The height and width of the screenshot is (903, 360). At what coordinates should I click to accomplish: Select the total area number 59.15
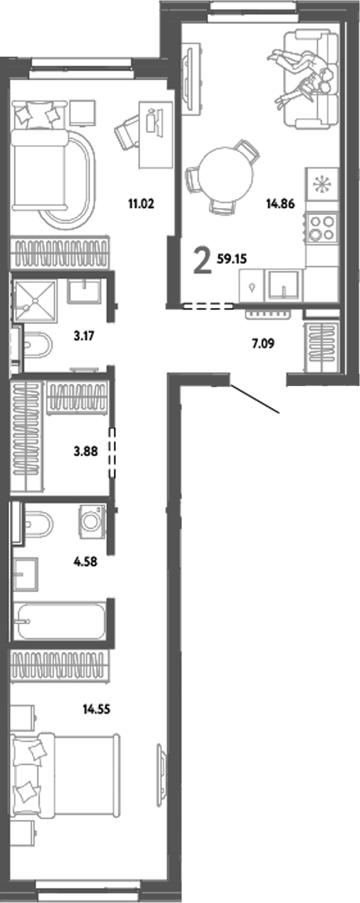pyautogui.click(x=231, y=257)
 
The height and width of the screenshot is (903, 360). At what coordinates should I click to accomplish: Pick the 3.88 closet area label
pyautogui.click(x=85, y=451)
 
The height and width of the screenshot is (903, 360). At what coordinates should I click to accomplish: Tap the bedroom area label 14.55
pyautogui.click(x=97, y=708)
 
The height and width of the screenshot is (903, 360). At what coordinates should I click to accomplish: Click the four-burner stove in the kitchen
pyautogui.click(x=321, y=228)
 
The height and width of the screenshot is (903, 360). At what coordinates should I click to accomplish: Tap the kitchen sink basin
pyautogui.click(x=283, y=284)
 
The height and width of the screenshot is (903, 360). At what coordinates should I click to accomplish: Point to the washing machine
pyautogui.click(x=92, y=521)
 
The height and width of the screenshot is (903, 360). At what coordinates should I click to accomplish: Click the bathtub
pyautogui.click(x=60, y=621)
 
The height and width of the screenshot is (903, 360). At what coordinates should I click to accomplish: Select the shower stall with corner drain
pyautogui.click(x=35, y=301)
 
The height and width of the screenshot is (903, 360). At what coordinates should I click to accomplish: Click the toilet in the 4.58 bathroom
pyautogui.click(x=37, y=522)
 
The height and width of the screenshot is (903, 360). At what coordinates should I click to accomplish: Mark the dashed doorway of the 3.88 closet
pyautogui.click(x=112, y=451)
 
